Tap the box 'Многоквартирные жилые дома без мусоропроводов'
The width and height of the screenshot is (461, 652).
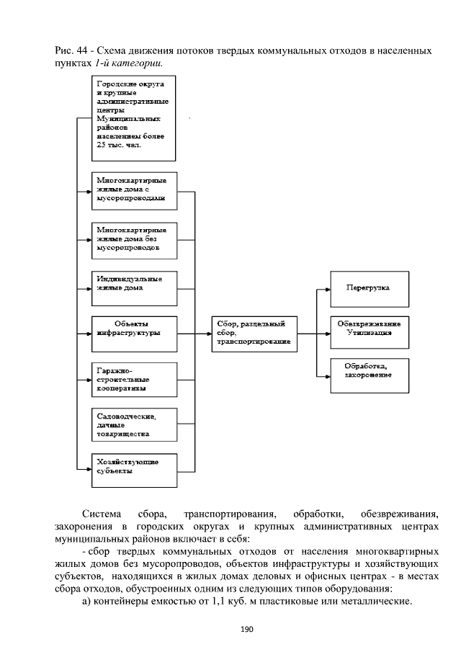[134, 239]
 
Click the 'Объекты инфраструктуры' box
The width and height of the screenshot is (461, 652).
[134, 333]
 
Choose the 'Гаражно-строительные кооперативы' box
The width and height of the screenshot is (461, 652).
[134, 379]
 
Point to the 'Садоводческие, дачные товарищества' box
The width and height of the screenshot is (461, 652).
[134, 424]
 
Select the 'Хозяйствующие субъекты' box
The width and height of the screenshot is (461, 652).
[134, 468]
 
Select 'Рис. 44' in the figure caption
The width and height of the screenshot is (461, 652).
[68, 50]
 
